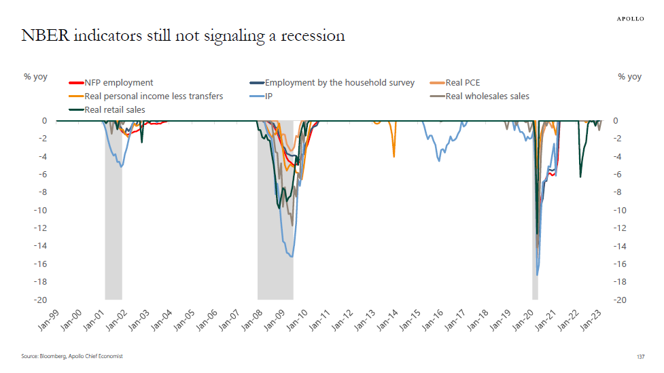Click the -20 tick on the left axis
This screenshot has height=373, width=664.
pyautogui.click(x=41, y=300)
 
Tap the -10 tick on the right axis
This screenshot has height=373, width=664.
pyautogui.click(x=621, y=210)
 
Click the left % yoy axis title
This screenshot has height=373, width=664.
pyautogui.click(x=35, y=77)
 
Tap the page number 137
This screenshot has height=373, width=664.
pyautogui.click(x=640, y=357)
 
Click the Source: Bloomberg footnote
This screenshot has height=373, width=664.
pyautogui.click(x=71, y=356)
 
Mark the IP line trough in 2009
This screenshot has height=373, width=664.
pyautogui.click(x=292, y=256)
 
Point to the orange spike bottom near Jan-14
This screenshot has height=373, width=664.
pyautogui.click(x=394, y=156)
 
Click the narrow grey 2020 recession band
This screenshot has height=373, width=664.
pyautogui.click(x=535, y=272)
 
